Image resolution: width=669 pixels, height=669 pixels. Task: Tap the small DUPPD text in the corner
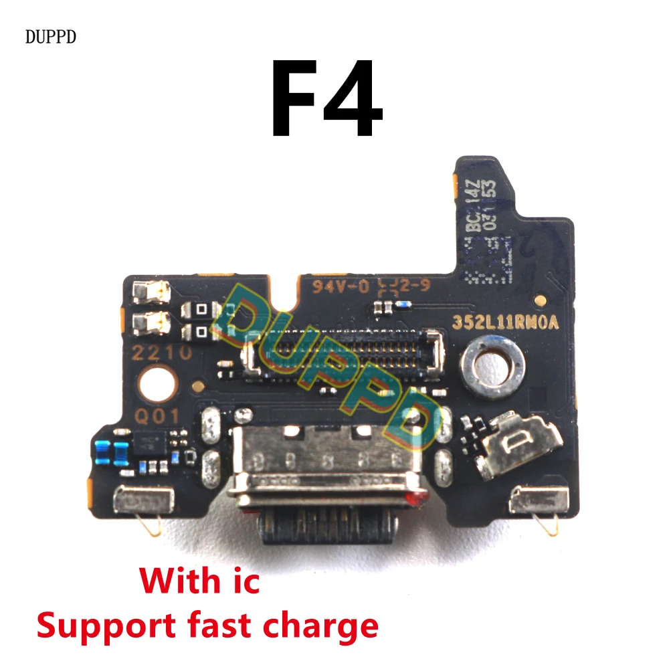point(51,37)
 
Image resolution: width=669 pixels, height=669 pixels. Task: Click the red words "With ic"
point(200,581)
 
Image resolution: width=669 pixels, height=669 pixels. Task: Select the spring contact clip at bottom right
point(539,500)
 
